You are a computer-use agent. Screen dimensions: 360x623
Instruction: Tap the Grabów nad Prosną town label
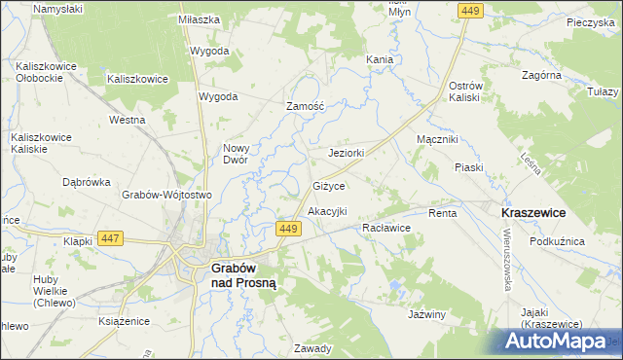(246, 274)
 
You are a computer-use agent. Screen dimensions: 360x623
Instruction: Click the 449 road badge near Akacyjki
(286, 228)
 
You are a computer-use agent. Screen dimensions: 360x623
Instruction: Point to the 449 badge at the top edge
(470, 10)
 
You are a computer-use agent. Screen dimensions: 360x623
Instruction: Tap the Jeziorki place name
(347, 153)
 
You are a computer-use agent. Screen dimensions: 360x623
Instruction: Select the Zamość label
(304, 106)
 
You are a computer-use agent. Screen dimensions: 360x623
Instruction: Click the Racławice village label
(385, 227)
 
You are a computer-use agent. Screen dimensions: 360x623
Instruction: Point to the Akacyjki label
(327, 210)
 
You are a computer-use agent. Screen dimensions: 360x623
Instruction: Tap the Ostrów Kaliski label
(459, 91)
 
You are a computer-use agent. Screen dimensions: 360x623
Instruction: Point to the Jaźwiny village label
(427, 314)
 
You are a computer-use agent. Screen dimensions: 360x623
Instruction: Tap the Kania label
(380, 59)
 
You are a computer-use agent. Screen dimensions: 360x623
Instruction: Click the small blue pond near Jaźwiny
(395, 288)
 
